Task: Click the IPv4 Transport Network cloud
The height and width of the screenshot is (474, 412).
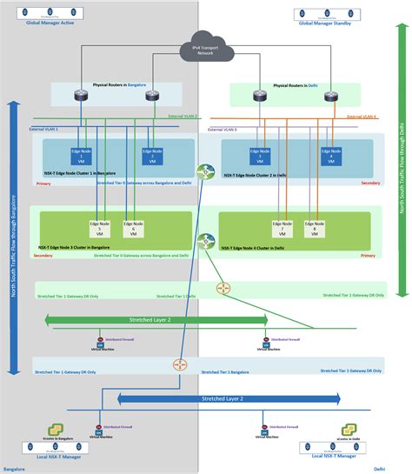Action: click(205, 50)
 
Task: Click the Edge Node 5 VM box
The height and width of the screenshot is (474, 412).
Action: click(100, 229)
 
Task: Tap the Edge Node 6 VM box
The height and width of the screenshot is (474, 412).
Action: click(132, 229)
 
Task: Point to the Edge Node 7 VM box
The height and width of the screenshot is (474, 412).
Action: click(281, 229)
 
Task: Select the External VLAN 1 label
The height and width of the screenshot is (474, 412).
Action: click(44, 129)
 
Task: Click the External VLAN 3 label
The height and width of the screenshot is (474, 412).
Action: click(222, 129)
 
